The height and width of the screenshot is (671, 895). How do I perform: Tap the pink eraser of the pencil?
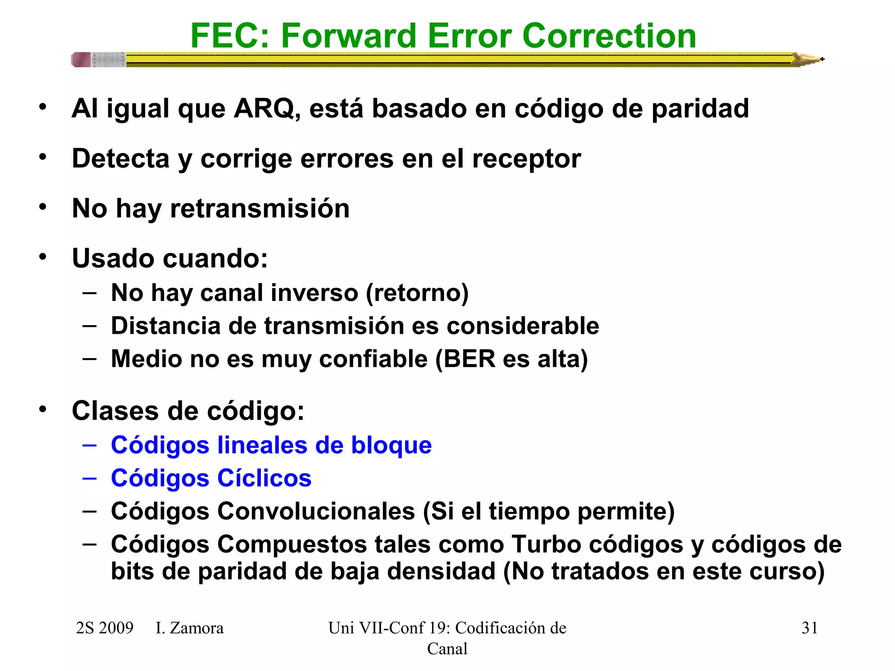(81, 59)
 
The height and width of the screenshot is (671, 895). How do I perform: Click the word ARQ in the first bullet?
(264, 108)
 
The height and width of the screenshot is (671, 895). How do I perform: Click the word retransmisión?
(260, 208)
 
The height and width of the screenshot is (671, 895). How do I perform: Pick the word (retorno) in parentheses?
(417, 293)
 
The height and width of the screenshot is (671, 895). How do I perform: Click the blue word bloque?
(391, 445)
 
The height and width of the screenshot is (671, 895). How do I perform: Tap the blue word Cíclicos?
(264, 478)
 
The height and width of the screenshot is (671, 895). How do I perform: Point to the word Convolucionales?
(316, 511)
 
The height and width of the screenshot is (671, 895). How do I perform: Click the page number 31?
(809, 628)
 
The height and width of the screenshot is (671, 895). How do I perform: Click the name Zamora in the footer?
(196, 628)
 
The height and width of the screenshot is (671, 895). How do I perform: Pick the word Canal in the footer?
(447, 649)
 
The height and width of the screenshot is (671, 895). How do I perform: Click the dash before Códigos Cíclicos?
(89, 478)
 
